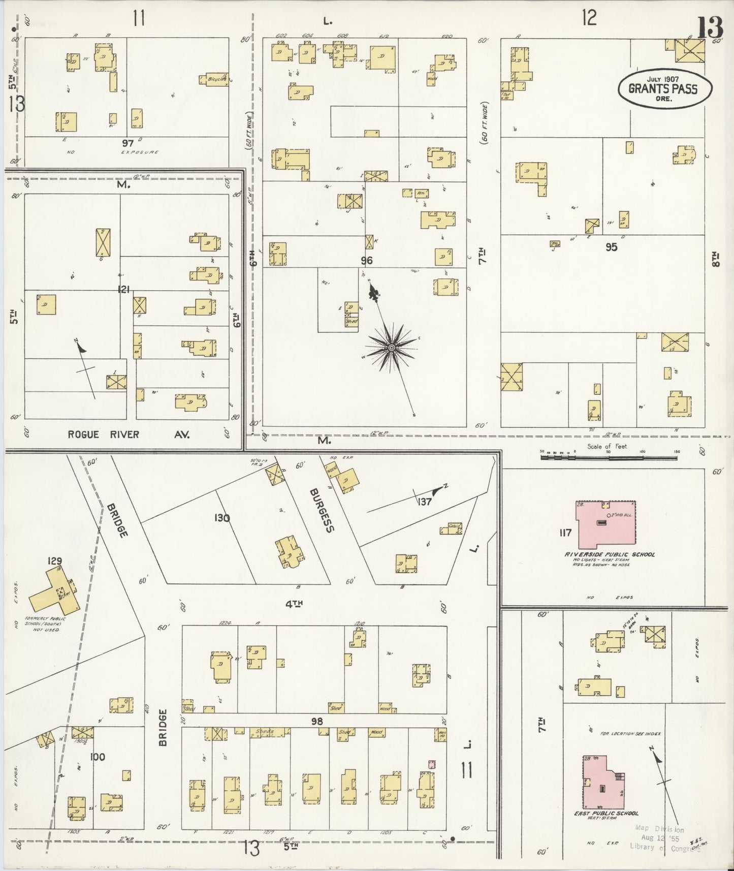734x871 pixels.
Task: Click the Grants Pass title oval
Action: pyautogui.click(x=664, y=88)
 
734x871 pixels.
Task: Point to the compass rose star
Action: pyautogui.click(x=391, y=348)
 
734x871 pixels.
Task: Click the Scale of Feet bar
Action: pyautogui.click(x=609, y=458)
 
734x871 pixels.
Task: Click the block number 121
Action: pyautogui.click(x=123, y=290)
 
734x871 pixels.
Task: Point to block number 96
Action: pyautogui.click(x=367, y=261)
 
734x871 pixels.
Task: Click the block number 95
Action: pyautogui.click(x=611, y=247)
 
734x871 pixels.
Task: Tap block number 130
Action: pyautogui.click(x=222, y=518)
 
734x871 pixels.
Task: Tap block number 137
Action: pyautogui.click(x=425, y=502)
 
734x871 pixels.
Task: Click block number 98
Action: pyautogui.click(x=317, y=721)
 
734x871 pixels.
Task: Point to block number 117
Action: pyautogui.click(x=565, y=533)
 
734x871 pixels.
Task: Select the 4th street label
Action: pyautogui.click(x=293, y=604)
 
